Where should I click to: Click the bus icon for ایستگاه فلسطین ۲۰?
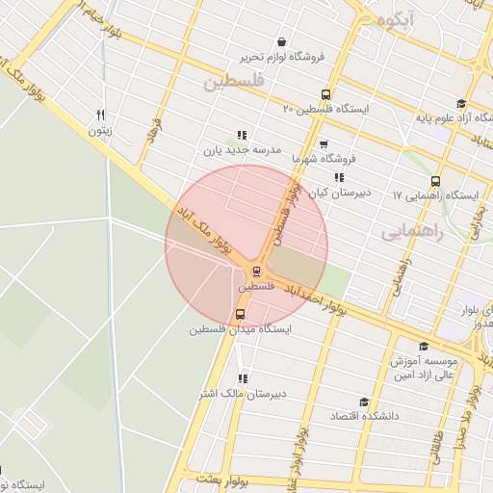point(325,95)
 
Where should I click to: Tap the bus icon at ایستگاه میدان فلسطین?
point(240,314)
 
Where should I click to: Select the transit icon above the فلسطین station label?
point(256,272)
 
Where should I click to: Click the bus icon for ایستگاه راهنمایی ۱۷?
point(435,180)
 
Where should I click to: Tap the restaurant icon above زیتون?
point(100,115)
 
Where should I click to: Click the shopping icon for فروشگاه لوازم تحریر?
point(280,41)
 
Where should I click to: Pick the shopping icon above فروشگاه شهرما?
point(324,141)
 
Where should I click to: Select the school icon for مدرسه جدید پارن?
point(241,136)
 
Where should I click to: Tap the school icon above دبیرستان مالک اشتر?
point(243,378)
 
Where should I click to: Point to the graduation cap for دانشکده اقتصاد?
point(364,402)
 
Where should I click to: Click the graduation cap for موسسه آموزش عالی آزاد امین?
point(423,346)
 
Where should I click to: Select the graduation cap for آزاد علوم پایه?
point(460,104)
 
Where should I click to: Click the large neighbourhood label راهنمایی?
point(411,232)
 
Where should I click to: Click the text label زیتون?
point(101,130)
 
